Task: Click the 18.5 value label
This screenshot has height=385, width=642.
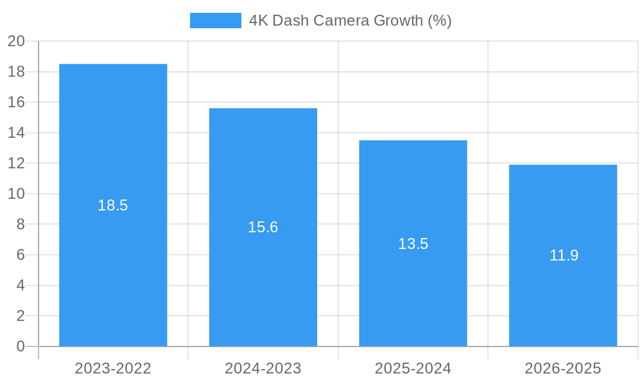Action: [x=113, y=205]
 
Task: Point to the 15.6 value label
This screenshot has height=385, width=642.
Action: [x=263, y=227]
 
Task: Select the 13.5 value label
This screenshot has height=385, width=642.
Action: [x=413, y=244]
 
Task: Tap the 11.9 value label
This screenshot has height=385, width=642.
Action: [x=564, y=255]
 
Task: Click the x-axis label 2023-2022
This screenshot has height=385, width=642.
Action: [x=113, y=368]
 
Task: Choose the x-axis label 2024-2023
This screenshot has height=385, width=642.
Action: [x=263, y=368]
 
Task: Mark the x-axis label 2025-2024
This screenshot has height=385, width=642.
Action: [x=413, y=368]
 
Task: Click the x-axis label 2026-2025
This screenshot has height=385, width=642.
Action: [x=563, y=368]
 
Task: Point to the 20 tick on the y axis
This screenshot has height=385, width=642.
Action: [x=16, y=41]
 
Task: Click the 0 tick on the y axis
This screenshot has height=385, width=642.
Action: [x=21, y=346]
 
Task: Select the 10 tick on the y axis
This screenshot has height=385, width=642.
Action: [x=16, y=194]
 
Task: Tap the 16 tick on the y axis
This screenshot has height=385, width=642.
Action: [x=16, y=102]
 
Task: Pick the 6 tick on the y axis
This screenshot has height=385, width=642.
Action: [x=21, y=255]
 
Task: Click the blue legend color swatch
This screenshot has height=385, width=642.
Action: [x=216, y=21]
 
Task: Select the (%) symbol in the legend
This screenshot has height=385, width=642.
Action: [x=440, y=21]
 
